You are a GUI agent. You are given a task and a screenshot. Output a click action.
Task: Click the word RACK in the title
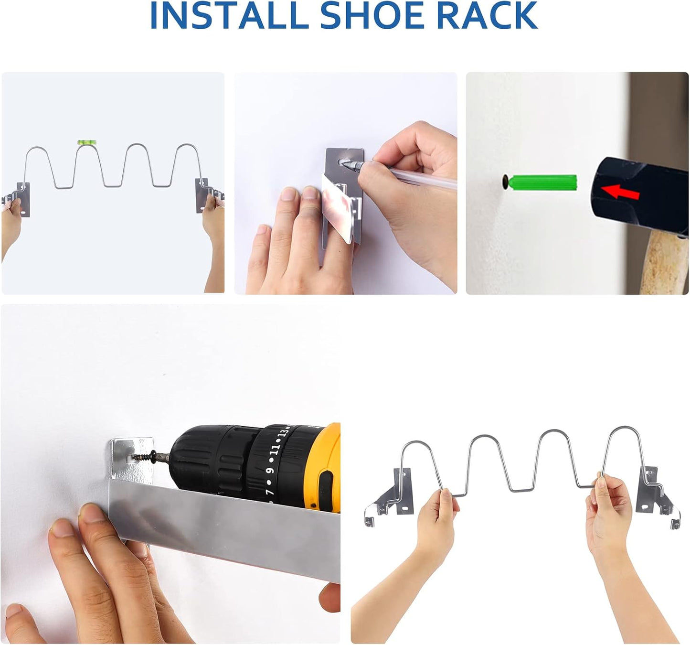click(487, 16)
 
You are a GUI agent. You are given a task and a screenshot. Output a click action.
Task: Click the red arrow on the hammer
click(620, 192)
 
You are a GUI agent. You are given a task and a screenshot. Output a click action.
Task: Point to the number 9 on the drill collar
click(270, 471)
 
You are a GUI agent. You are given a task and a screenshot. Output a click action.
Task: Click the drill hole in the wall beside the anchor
click(504, 182)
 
